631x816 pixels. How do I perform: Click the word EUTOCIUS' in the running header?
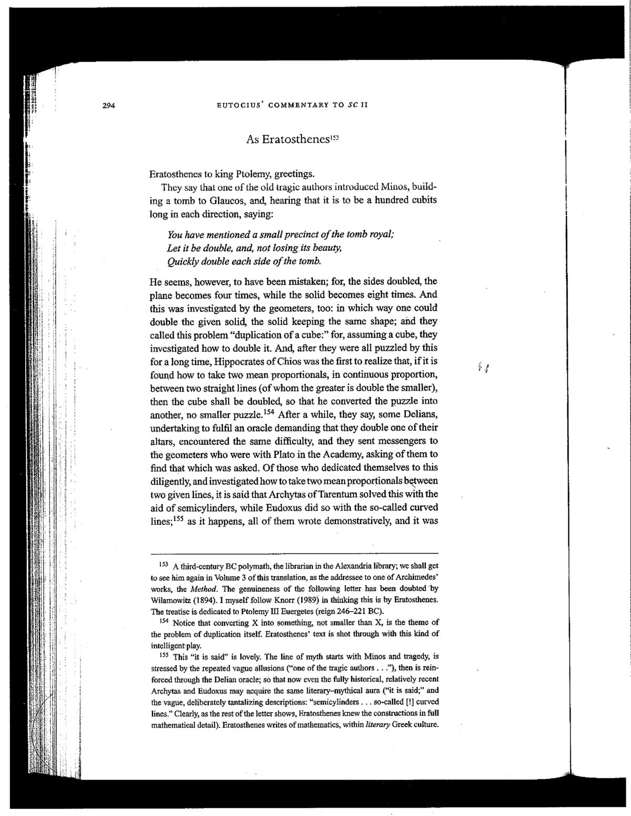(x=240, y=104)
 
